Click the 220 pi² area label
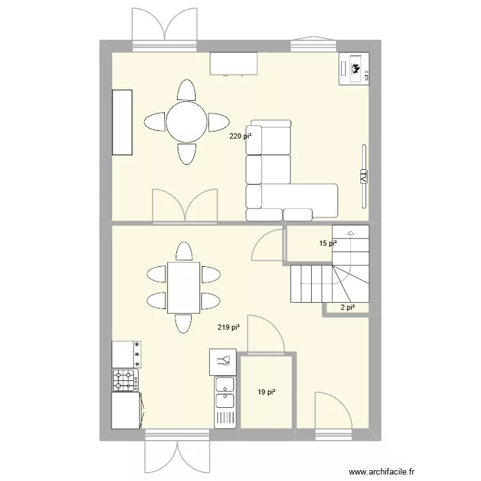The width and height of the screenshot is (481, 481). click(240, 136)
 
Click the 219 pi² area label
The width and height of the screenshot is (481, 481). click(229, 327)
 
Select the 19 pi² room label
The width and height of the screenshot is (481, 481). click(266, 392)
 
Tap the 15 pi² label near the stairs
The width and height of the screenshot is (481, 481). click(328, 243)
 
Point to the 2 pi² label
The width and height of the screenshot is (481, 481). click(347, 308)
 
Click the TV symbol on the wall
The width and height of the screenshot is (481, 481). click(363, 176)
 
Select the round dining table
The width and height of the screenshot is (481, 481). click(187, 121)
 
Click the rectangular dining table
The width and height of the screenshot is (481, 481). click(183, 287)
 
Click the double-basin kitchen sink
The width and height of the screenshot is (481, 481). click(224, 392)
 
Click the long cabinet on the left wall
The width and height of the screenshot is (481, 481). click(122, 122)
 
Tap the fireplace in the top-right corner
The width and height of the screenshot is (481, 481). click(355, 68)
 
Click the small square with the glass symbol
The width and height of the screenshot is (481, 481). click(223, 361)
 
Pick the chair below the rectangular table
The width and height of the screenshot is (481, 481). click(183, 324)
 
